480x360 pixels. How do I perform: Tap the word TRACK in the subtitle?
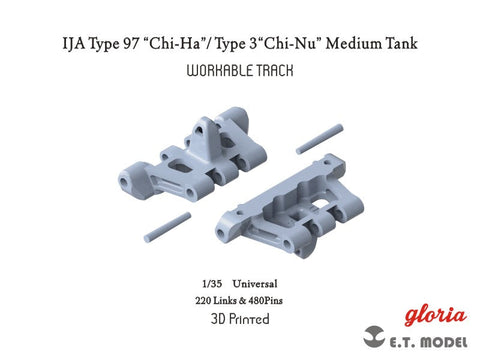273,73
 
